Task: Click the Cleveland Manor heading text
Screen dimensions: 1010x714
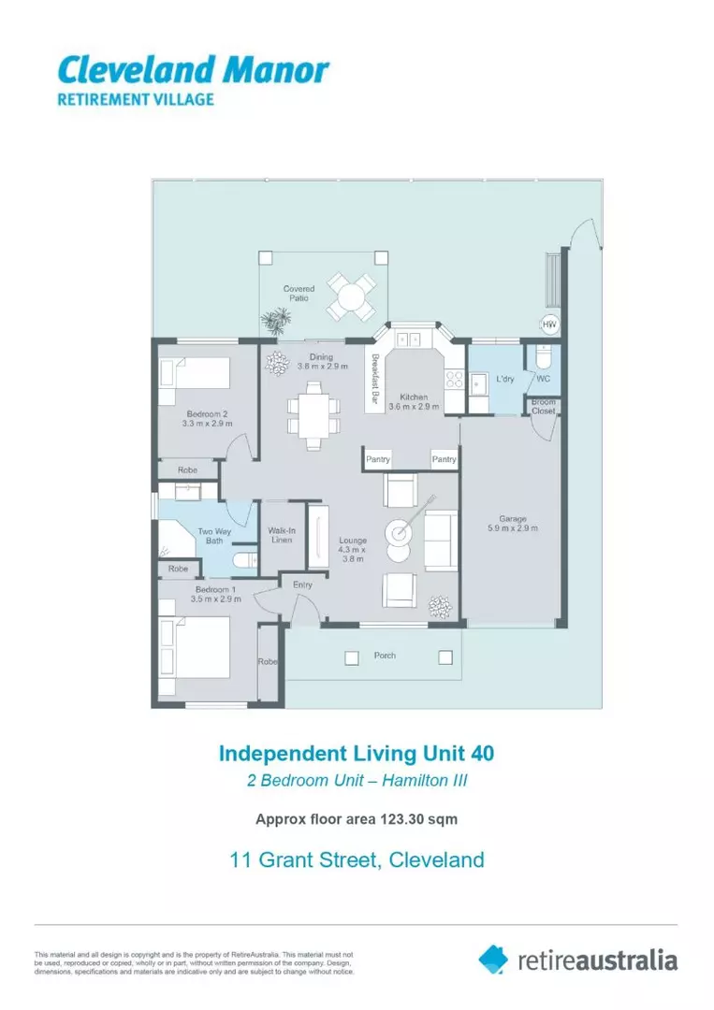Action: point(193,69)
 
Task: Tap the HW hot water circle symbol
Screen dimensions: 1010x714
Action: point(549,325)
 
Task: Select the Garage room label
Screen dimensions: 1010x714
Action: point(512,523)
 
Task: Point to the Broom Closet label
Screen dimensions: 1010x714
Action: point(543,406)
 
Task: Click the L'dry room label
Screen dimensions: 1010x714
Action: point(505,379)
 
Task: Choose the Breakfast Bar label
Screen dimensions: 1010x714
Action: point(374,381)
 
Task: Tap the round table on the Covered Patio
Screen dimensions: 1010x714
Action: point(352,296)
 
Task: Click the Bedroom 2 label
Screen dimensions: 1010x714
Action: point(207,418)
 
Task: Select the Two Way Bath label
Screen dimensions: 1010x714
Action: point(212,536)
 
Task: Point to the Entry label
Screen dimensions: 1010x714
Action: point(302,584)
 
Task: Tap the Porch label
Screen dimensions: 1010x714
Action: point(385,656)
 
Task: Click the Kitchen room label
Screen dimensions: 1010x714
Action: point(414,401)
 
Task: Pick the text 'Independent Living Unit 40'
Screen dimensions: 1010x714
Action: point(357,753)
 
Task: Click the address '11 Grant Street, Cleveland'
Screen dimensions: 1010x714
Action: point(357,858)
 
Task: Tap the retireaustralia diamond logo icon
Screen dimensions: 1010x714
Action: point(493,959)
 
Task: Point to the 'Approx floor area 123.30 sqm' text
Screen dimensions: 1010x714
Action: point(357,819)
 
